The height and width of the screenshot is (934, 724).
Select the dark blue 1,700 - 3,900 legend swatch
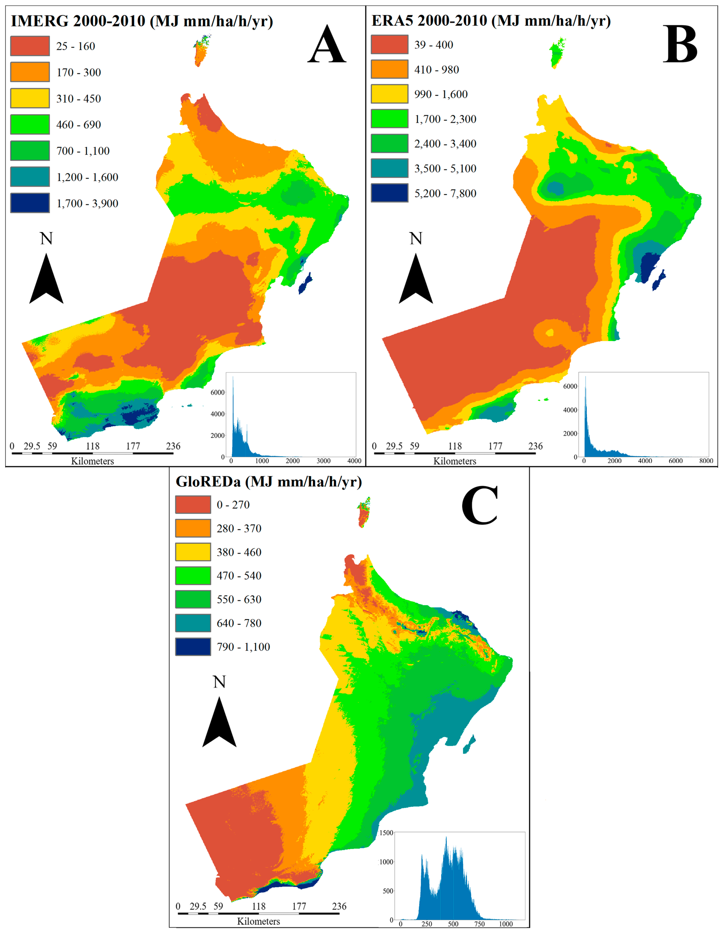[x=30, y=203]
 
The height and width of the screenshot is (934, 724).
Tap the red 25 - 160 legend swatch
[x=30, y=46]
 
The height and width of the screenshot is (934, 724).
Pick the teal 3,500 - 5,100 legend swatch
[x=389, y=168]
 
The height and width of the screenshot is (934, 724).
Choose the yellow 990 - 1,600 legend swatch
[x=389, y=94]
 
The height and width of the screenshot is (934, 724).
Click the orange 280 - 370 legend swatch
[x=193, y=528]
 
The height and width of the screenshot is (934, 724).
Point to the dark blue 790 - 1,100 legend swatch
[x=193, y=647]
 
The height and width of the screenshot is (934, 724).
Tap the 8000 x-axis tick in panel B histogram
[x=706, y=461]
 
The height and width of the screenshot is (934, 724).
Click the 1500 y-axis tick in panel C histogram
[x=386, y=833]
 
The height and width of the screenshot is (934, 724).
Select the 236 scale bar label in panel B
[x=535, y=446]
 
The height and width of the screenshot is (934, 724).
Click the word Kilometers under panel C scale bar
[x=259, y=921]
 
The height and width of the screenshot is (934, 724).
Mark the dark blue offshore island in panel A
[x=305, y=284]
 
